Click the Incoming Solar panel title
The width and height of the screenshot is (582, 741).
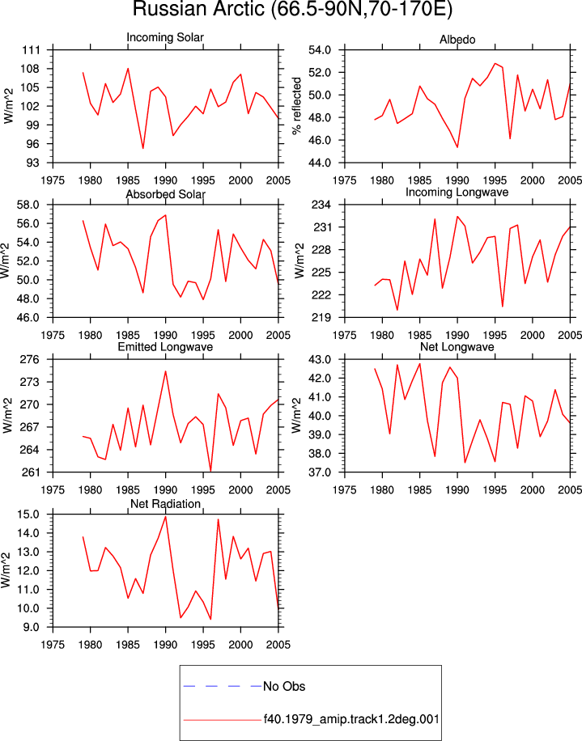coord(165,37)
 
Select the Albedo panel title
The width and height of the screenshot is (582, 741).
coord(457,40)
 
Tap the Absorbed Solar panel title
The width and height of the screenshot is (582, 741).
coord(165,194)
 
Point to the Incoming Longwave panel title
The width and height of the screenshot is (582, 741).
coord(457,193)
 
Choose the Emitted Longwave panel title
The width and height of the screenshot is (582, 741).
coord(165,347)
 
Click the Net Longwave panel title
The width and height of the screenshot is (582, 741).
coord(457,347)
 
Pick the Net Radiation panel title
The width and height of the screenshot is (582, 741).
coord(165,504)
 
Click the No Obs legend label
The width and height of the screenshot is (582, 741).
coord(284,686)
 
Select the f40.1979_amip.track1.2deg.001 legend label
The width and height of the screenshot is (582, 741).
coord(351,719)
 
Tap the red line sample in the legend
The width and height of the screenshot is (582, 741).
coord(223,720)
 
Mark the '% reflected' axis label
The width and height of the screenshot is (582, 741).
coord(297,106)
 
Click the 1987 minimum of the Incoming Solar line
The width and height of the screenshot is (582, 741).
coord(142,148)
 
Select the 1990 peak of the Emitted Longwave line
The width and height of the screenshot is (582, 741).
coord(165,371)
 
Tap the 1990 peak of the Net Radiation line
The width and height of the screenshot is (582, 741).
coord(165,517)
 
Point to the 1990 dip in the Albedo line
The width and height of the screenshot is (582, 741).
coord(457,147)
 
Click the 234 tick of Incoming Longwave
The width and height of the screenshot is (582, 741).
coord(322,205)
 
